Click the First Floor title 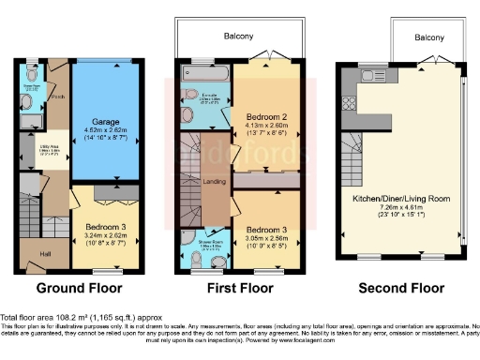238,288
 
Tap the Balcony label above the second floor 429,38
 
